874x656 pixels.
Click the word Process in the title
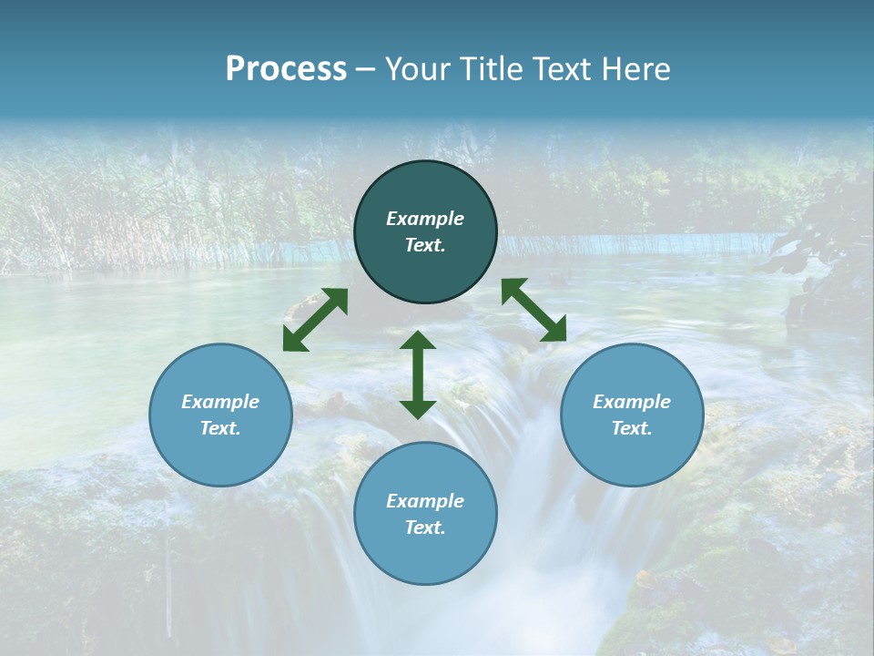click(x=286, y=69)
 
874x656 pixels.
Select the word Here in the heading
click(x=635, y=69)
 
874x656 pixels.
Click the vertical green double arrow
click(x=418, y=374)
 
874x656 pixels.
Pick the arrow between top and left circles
click(x=315, y=320)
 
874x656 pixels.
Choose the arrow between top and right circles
click(x=534, y=310)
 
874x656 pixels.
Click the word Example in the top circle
click(x=425, y=219)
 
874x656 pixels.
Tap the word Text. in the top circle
click(x=425, y=245)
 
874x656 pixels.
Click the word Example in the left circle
click(x=220, y=402)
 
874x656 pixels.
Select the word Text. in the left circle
click(x=220, y=428)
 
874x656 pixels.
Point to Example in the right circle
click(x=632, y=402)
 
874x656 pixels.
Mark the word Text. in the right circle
click(x=632, y=428)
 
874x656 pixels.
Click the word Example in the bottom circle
click(x=425, y=501)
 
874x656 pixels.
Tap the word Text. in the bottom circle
click(x=425, y=528)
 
